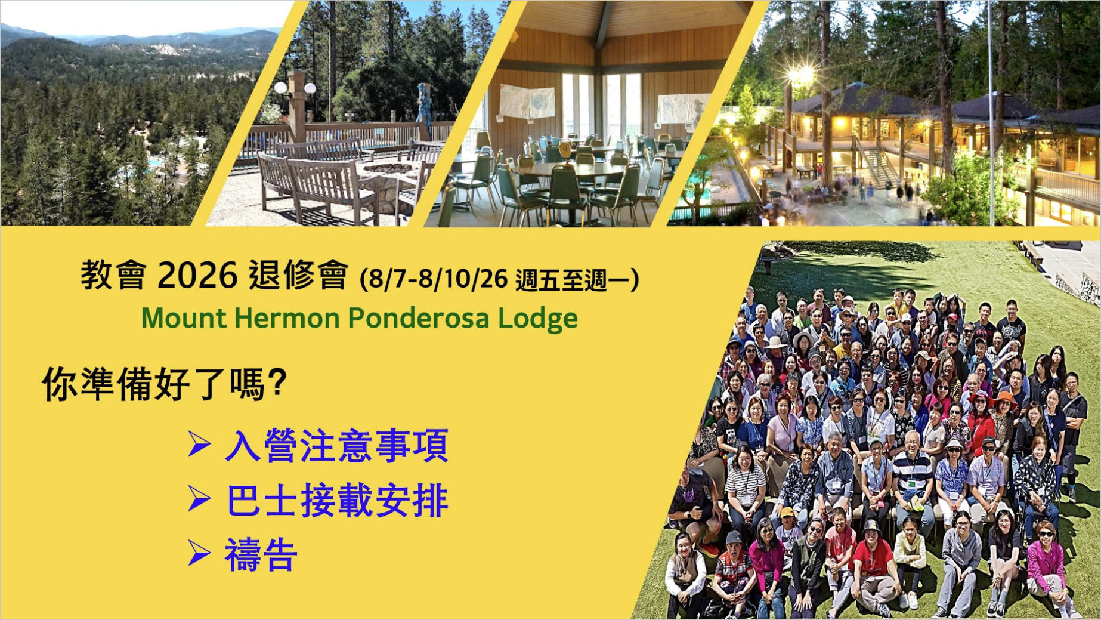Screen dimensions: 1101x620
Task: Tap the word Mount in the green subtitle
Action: [184, 317]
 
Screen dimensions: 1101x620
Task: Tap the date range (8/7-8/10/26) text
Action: [434, 279]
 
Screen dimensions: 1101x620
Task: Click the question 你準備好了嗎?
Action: [165, 383]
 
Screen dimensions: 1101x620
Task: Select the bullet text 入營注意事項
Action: [336, 445]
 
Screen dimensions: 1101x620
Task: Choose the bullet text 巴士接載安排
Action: [338, 500]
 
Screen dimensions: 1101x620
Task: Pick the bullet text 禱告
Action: [261, 554]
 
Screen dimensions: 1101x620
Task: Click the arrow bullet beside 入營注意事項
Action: [199, 444]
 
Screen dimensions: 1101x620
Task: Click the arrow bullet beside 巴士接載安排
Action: [199, 498]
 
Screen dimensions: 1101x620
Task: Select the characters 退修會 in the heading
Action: [298, 275]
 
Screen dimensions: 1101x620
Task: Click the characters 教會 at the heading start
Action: [113, 275]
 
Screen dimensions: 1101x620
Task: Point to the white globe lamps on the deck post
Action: [295, 88]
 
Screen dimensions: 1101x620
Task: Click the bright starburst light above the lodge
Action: [802, 75]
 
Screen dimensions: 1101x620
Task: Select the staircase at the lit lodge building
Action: [876, 166]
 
